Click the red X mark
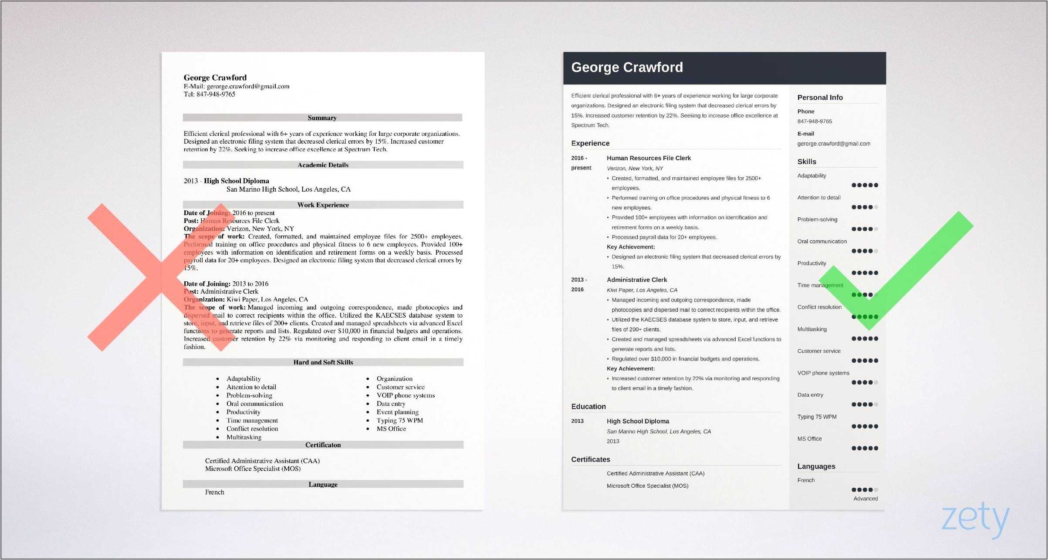coord(161,277)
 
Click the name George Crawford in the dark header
coord(627,67)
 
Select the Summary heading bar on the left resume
coord(322,118)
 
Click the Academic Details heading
coord(323,165)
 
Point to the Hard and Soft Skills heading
coord(323,362)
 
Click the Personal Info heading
coord(820,98)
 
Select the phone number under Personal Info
coord(815,121)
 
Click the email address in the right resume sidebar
coord(834,144)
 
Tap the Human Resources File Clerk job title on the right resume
coord(649,158)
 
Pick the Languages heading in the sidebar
coord(816,466)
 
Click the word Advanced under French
coord(865,499)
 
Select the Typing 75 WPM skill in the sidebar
coord(817,417)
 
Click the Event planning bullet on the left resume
coord(397,412)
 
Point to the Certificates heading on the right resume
coord(590,459)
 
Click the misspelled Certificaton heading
coord(323,445)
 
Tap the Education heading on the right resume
coord(588,406)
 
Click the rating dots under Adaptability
coord(865,185)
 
